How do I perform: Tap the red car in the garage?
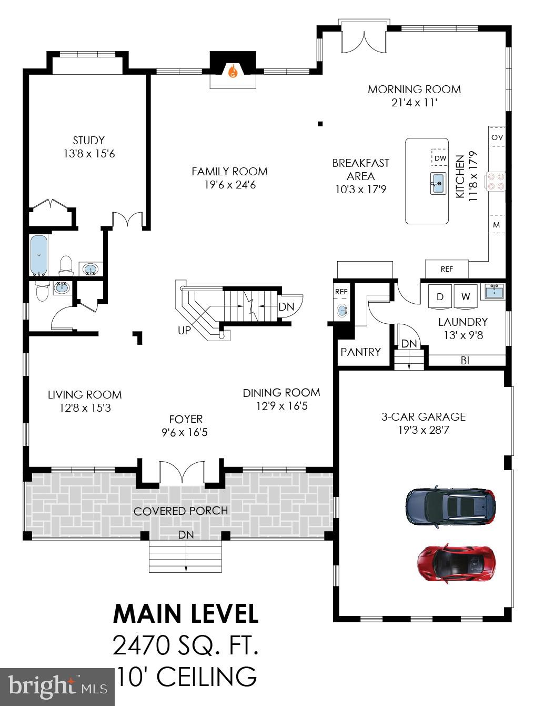(456, 563)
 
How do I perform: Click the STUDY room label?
(88, 141)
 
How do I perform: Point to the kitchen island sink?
(438, 184)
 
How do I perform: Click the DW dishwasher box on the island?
(440, 158)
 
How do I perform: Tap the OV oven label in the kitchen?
(497, 137)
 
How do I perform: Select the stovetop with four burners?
(496, 181)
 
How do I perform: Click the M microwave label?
(496, 225)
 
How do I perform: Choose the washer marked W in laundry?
(465, 297)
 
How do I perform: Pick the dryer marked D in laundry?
(440, 297)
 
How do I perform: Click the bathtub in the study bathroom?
(39, 255)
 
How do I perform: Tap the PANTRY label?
(360, 352)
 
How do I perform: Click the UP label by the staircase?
(184, 330)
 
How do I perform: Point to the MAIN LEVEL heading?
(186, 614)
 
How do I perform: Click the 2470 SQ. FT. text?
(186, 645)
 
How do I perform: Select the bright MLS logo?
(57, 687)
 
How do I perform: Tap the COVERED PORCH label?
(180, 511)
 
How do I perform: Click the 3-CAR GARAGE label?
(424, 416)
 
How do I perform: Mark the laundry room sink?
(493, 291)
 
